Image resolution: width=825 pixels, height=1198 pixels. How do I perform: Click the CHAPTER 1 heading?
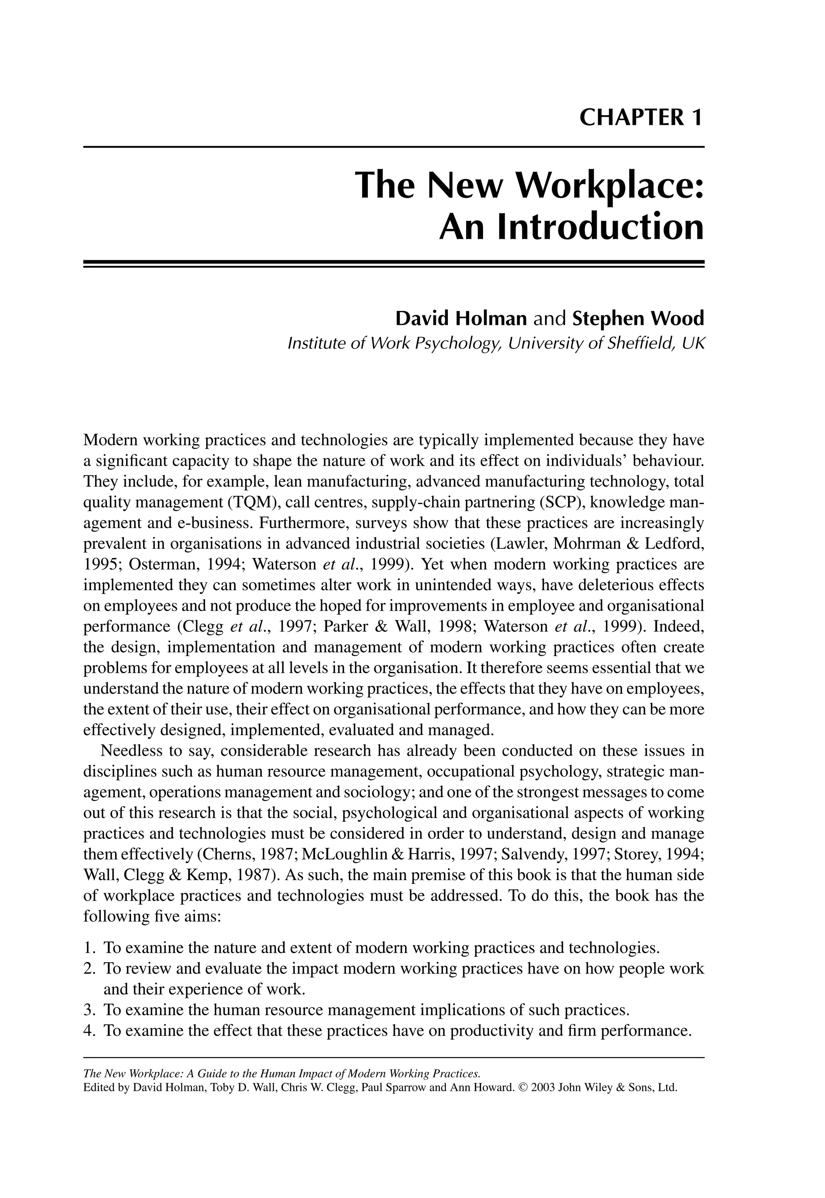click(x=641, y=118)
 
